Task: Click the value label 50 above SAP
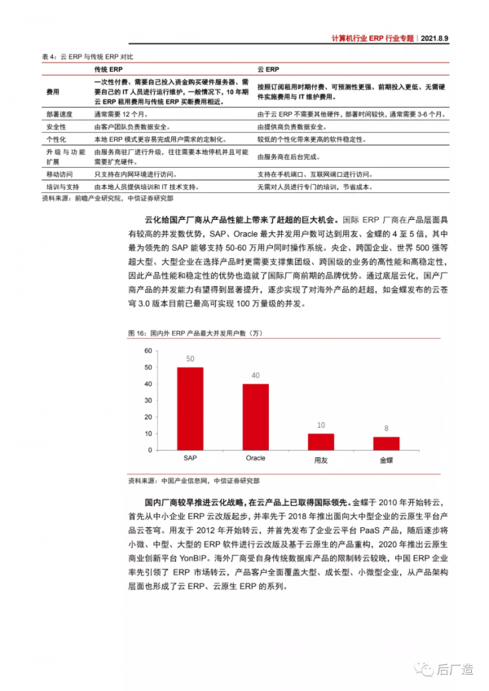click(190, 359)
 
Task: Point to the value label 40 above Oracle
click(255, 376)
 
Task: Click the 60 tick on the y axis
click(148, 350)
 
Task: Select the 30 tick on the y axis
click(148, 401)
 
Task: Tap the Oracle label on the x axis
click(256, 460)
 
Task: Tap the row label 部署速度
click(60, 116)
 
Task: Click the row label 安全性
click(57, 127)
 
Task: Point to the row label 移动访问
click(60, 174)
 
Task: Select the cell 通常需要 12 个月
click(120, 116)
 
